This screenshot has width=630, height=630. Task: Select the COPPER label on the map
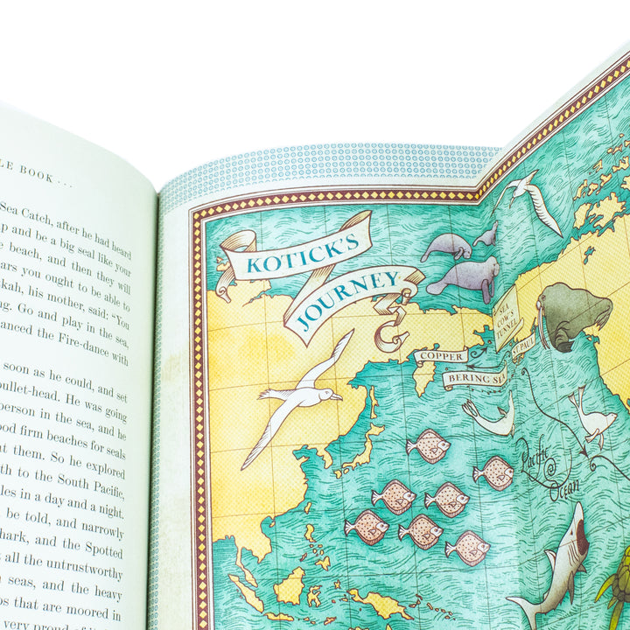coord(440,356)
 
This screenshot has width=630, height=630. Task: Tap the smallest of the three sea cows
coord(486,234)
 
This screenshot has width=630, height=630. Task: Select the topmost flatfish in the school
coord(429,445)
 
